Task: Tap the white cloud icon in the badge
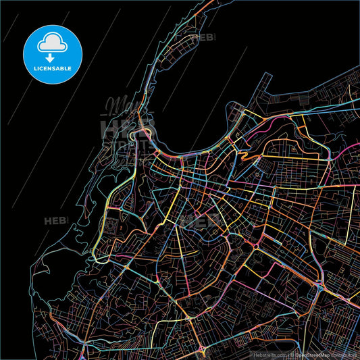tap(52, 42)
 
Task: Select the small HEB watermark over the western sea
tap(54, 220)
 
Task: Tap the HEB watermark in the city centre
tap(202, 220)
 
